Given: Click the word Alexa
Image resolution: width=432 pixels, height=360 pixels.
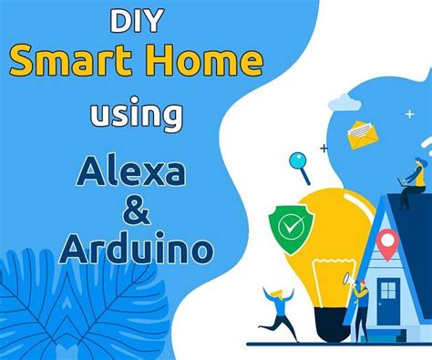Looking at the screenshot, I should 137,172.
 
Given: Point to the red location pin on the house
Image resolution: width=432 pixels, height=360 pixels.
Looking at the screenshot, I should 388,242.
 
